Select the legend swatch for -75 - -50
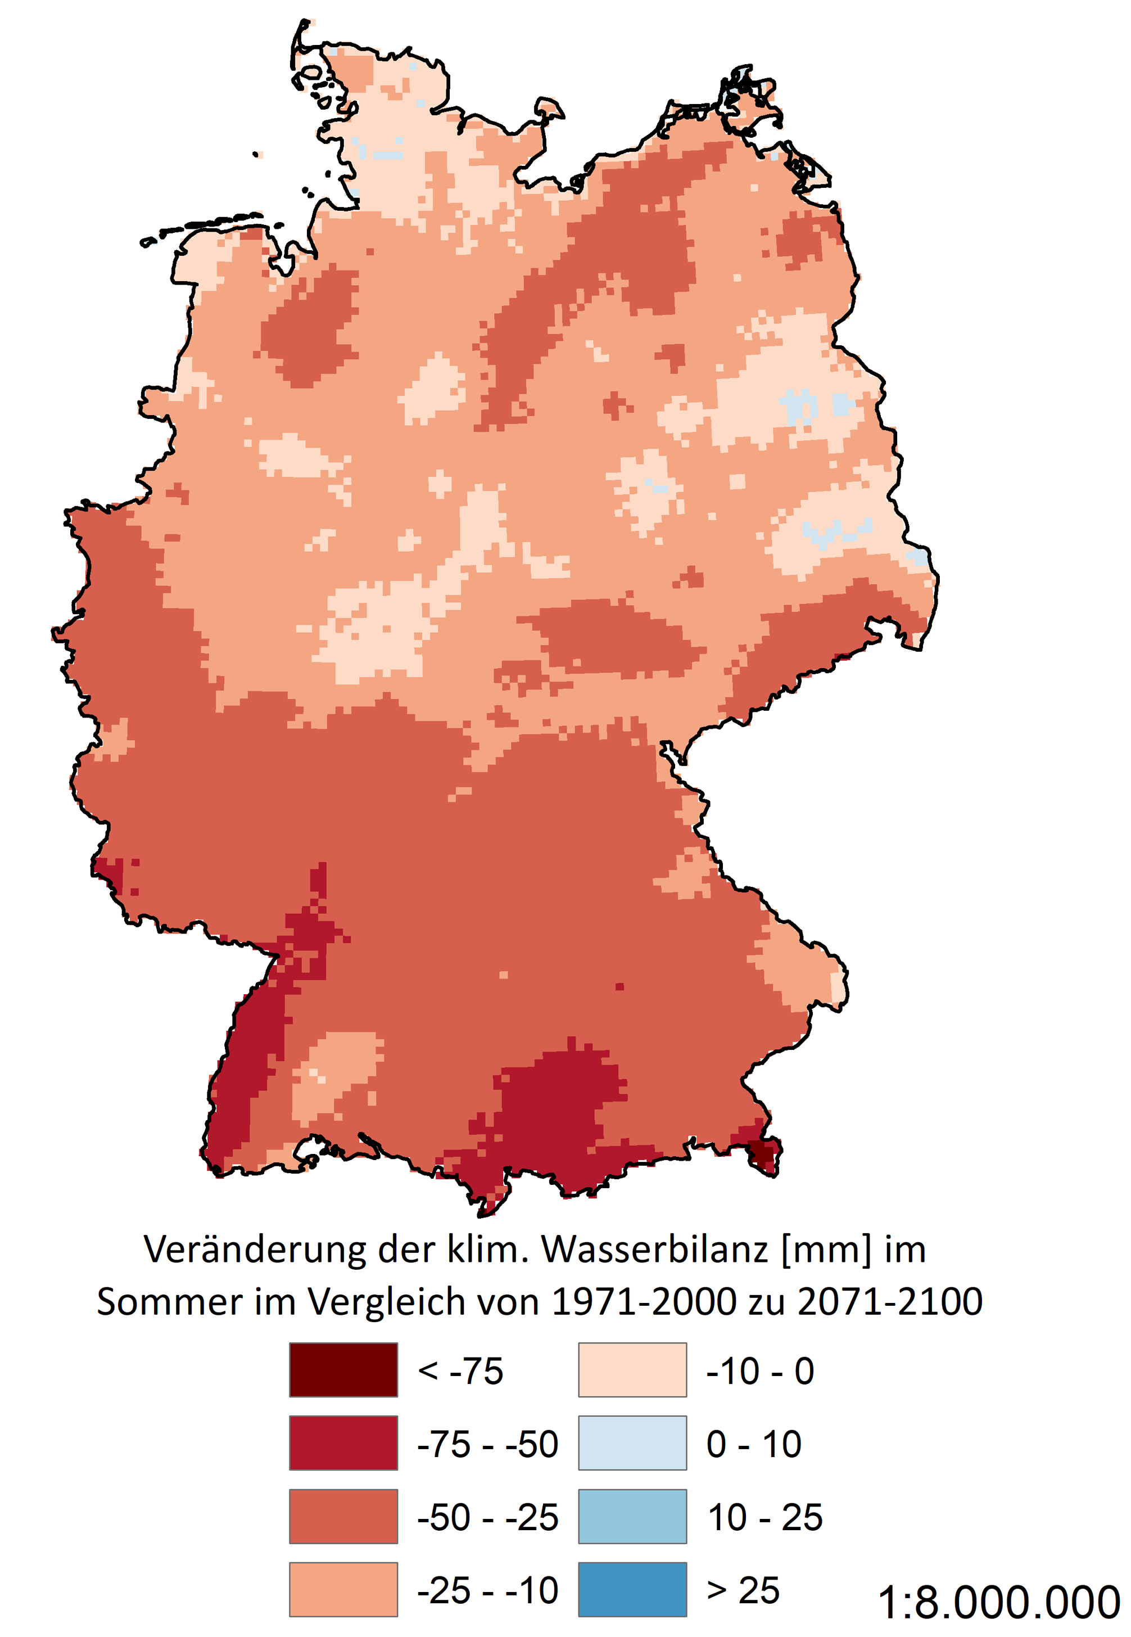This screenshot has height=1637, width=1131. point(343,1443)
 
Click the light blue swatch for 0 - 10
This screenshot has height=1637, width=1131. point(632,1443)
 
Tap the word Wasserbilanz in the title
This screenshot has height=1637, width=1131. point(655,1249)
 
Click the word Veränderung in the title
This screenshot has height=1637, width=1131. point(256,1249)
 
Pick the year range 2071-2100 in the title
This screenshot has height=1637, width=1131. point(889,1302)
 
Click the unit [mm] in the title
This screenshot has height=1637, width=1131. point(826,1249)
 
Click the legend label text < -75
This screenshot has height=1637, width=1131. point(460,1370)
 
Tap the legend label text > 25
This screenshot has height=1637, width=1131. point(743,1590)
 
